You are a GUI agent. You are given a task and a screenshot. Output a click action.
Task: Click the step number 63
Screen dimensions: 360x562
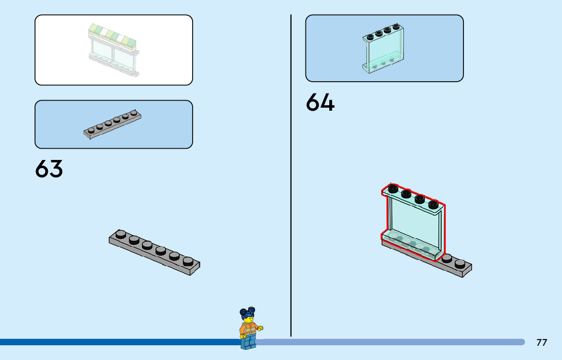(x=49, y=169)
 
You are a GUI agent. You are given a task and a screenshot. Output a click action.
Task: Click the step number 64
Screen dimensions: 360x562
(x=320, y=103)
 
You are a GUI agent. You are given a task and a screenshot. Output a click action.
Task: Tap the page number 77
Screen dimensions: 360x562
(x=542, y=342)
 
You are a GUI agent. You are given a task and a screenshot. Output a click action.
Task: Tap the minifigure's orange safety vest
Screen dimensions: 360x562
(x=249, y=331)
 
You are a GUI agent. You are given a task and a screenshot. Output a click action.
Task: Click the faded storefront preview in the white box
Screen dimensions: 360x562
(x=113, y=49)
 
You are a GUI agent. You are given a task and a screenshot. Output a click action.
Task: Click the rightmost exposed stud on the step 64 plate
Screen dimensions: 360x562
(x=460, y=263)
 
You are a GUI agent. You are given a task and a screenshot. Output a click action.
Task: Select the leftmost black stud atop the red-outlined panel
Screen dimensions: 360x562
(x=392, y=188)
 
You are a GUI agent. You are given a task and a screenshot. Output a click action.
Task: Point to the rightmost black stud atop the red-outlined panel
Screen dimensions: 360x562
(x=433, y=204)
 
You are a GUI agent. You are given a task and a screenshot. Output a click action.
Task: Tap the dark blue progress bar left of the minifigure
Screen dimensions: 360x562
(x=117, y=342)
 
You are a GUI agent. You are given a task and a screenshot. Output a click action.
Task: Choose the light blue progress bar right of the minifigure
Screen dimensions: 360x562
(x=391, y=342)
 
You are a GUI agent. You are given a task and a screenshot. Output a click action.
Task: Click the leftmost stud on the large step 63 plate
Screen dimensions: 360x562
(x=120, y=234)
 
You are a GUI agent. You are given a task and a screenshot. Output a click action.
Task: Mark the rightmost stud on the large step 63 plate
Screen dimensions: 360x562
(x=188, y=261)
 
